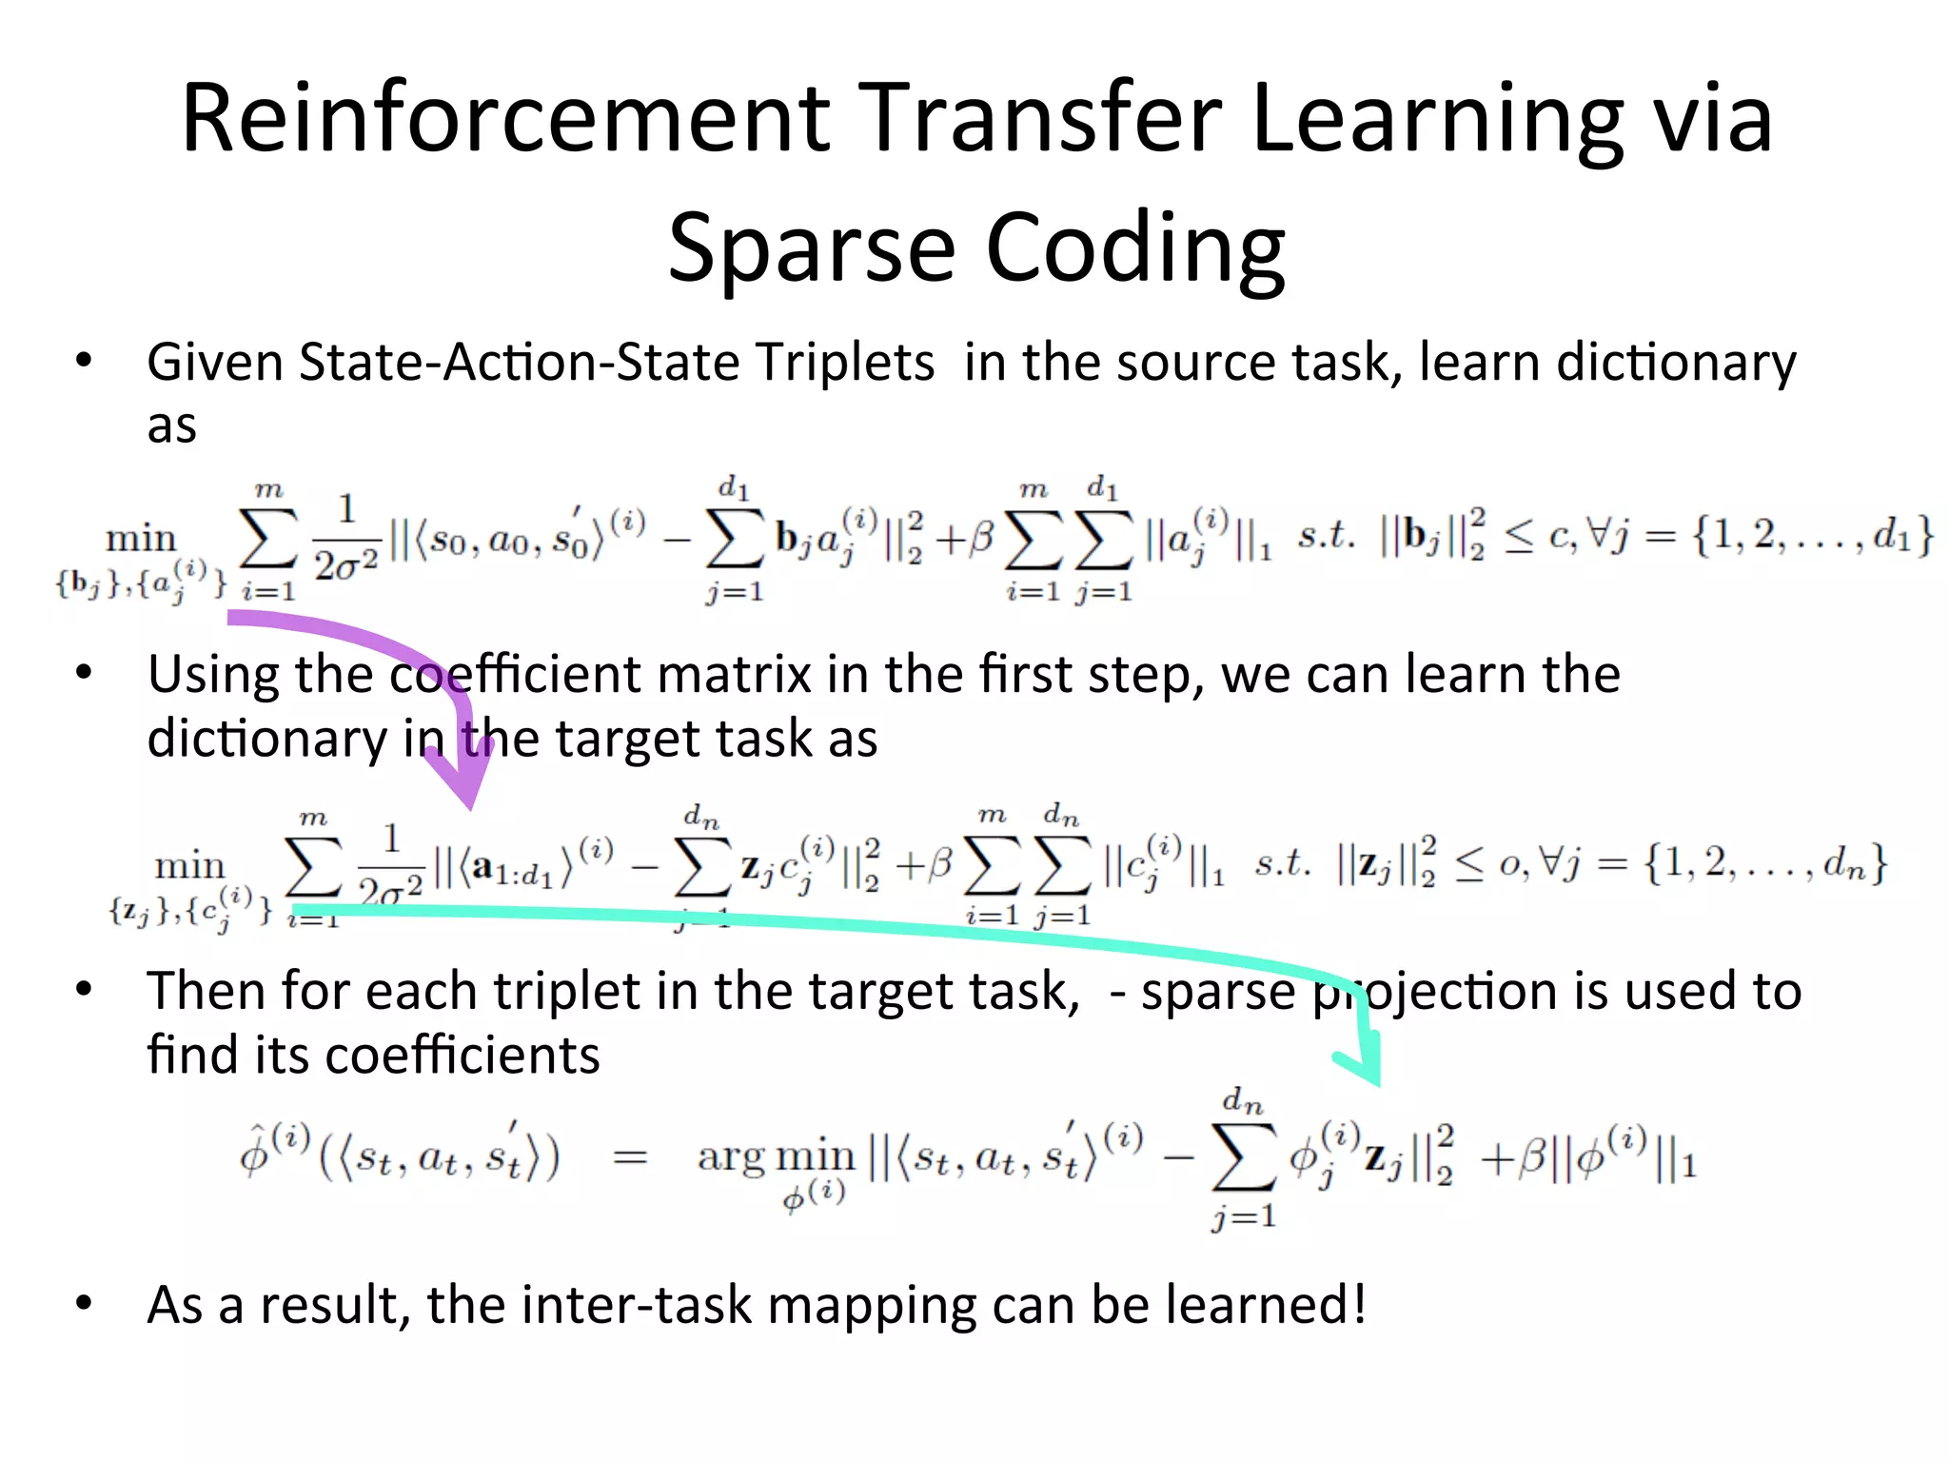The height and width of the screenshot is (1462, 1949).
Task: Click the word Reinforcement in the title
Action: click(x=505, y=118)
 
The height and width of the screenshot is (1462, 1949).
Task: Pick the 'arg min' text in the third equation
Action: click(x=776, y=1156)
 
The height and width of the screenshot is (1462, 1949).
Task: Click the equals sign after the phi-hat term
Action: click(x=628, y=1158)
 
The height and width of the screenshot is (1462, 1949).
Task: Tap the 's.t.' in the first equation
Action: click(x=1327, y=537)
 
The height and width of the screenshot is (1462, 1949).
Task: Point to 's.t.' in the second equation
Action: click(x=1283, y=864)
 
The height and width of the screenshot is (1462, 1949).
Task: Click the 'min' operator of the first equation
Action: click(x=141, y=539)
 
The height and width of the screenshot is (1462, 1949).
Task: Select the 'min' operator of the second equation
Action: click(x=189, y=866)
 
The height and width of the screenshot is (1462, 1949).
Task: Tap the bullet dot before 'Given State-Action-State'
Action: click(x=85, y=362)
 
